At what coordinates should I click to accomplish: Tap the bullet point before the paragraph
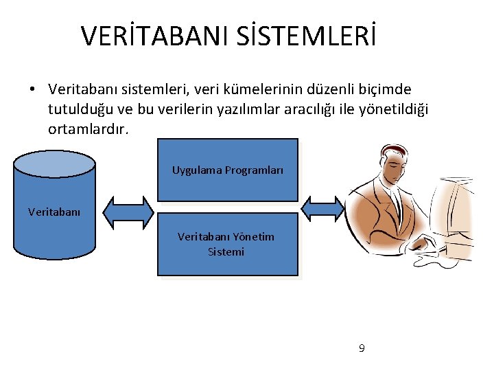pyautogui.click(x=32, y=90)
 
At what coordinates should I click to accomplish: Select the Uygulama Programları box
pyautogui.click(x=228, y=170)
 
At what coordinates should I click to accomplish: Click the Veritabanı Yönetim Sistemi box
pyautogui.click(x=228, y=244)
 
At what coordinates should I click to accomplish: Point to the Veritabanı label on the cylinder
pyautogui.click(x=54, y=212)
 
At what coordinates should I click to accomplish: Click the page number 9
pyautogui.click(x=362, y=348)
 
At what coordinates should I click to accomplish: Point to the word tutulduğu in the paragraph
pyautogui.click(x=76, y=109)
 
